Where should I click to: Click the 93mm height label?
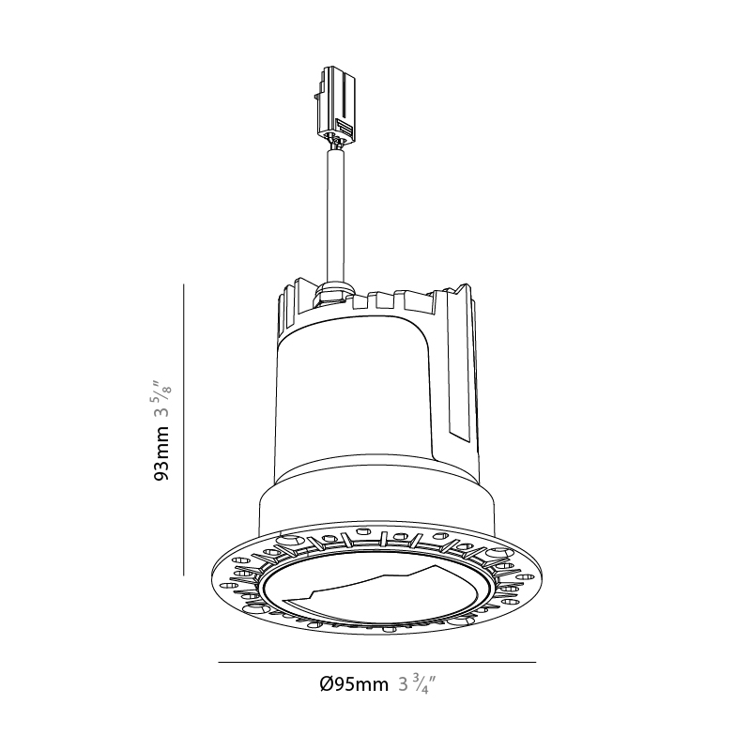(161, 452)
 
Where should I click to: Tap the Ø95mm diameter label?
(354, 684)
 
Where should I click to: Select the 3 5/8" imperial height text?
(161, 400)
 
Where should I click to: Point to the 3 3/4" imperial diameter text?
(417, 684)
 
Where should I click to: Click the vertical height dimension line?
(183, 430)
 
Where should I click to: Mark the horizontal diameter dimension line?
(377, 663)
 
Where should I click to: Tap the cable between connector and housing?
(335, 215)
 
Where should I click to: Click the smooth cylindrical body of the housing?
(355, 397)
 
